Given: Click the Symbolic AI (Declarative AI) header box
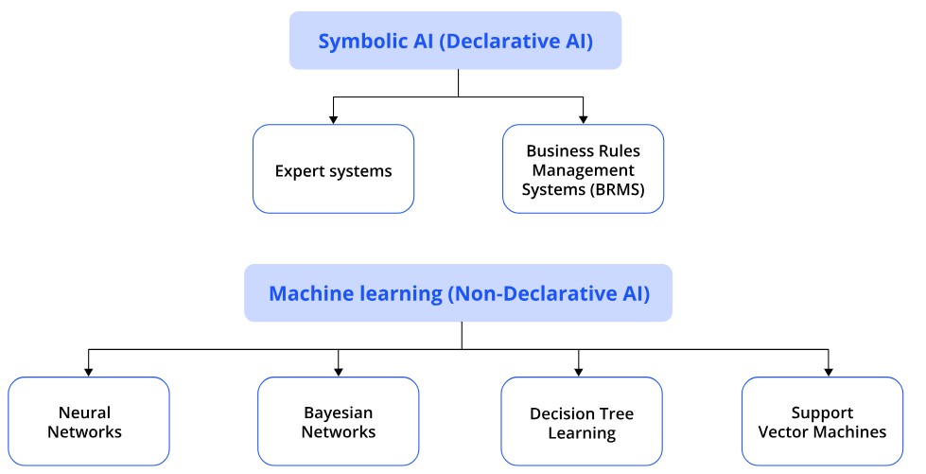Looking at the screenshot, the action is point(455,40).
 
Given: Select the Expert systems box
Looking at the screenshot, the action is point(333,169).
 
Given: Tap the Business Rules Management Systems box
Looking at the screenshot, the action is point(583,169).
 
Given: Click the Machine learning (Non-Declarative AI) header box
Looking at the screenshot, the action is point(459,293).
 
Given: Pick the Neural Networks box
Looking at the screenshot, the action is point(89,421).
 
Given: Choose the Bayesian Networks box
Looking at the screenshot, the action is point(339,421).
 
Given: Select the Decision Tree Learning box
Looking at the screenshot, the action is point(582,421).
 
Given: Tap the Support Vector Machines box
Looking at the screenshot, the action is point(822,421).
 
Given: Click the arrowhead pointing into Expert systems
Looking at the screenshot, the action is point(333,120).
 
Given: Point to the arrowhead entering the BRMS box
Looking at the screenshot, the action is point(583,120).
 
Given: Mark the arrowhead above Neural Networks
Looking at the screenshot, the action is point(89,373).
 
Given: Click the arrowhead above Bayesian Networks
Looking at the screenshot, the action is point(339,373).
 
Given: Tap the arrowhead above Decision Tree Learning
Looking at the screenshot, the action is point(579,373).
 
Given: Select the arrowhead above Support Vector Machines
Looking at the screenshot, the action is point(829,373).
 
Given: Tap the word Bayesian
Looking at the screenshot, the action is point(339,413).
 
